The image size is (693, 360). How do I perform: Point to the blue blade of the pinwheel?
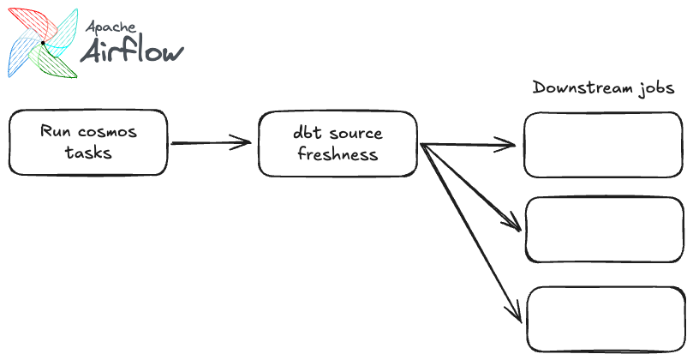point(21,57)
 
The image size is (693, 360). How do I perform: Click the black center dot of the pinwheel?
point(41,41)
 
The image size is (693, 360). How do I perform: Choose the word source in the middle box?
point(355,134)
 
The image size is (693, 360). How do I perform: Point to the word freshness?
point(338,155)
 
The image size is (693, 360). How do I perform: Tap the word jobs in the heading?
point(655,88)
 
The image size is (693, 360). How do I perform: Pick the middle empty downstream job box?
point(605,229)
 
